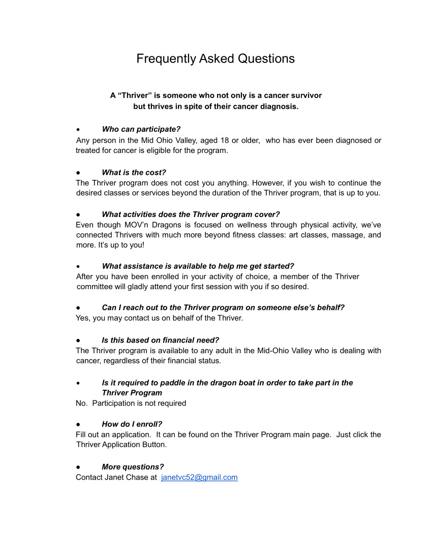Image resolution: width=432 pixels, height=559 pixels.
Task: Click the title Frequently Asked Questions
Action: [x=215, y=59]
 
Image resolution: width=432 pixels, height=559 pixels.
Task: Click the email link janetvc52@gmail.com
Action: [x=199, y=477]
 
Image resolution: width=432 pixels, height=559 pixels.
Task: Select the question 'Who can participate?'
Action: [x=141, y=130]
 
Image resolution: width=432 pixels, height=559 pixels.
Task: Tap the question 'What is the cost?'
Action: [x=134, y=172]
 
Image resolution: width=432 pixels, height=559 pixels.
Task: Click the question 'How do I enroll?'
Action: [x=132, y=424]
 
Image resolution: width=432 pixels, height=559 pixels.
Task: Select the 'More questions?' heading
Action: [x=133, y=467]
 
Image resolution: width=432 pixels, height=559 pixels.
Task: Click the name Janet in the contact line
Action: [x=117, y=477]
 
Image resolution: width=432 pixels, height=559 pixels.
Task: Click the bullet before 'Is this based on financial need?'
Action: [x=78, y=340]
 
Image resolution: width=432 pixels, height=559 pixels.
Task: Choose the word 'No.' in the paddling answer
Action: [x=82, y=403]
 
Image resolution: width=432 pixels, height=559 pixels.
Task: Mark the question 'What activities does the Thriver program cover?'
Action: [x=191, y=214]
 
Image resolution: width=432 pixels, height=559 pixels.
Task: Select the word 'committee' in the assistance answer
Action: [x=94, y=287]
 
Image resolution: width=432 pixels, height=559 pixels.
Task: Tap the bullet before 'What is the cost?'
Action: [x=78, y=173]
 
